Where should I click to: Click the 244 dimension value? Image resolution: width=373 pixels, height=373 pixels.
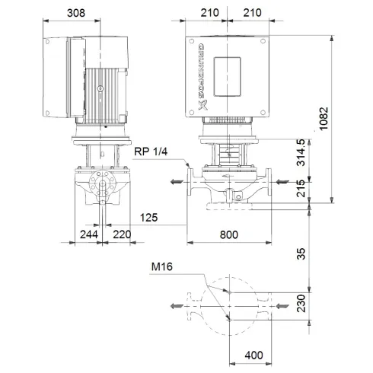pos(90,236)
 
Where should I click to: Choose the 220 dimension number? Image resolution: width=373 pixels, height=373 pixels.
pos(121,236)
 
